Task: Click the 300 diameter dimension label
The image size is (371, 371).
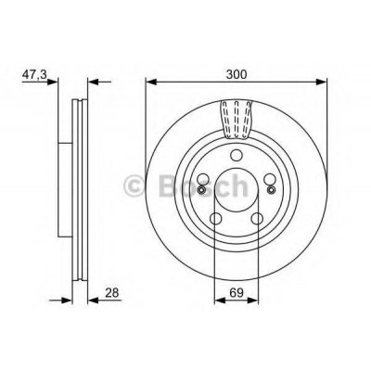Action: [x=237, y=74]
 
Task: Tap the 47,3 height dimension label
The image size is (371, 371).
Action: [x=34, y=74]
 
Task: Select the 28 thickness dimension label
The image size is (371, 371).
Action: [x=111, y=292]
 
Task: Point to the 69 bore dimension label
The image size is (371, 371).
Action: [x=236, y=292]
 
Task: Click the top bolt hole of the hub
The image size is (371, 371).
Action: [x=237, y=155]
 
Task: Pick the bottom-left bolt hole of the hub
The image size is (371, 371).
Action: [x=216, y=218]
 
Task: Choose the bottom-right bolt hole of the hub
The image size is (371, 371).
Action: [x=257, y=218]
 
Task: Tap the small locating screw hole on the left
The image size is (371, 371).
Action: [x=201, y=190]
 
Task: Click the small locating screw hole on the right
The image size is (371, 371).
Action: [x=272, y=190]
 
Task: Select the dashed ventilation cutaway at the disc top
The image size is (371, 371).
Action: [x=237, y=120]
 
